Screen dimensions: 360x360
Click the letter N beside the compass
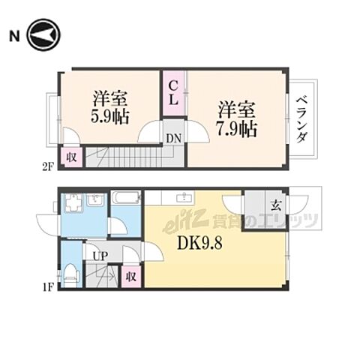click(x=13, y=34)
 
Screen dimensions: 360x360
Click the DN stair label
click(x=173, y=138)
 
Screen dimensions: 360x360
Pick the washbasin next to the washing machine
click(x=96, y=201)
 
